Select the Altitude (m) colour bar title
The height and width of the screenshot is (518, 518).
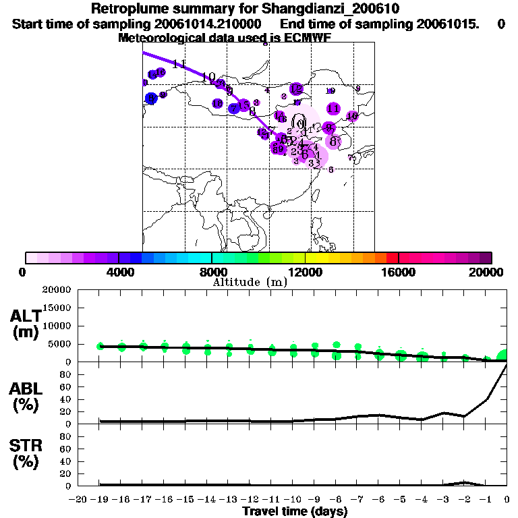(x=250, y=282)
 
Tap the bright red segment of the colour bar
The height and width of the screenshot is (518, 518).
(x=392, y=258)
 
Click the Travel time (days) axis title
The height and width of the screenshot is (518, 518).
(x=295, y=511)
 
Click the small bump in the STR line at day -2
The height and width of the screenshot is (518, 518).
(x=465, y=482)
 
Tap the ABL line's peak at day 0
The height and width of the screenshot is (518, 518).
(x=506, y=364)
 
